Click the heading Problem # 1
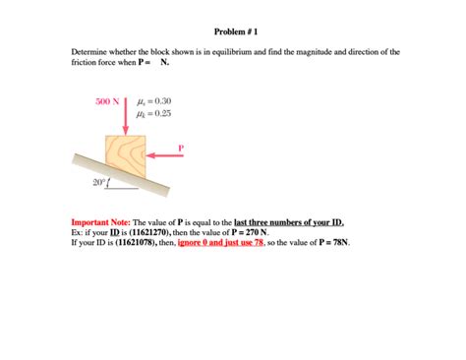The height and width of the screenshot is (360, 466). pos(232,21)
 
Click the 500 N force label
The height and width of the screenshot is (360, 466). pos(106,100)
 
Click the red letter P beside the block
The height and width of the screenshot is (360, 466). pos(180,147)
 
